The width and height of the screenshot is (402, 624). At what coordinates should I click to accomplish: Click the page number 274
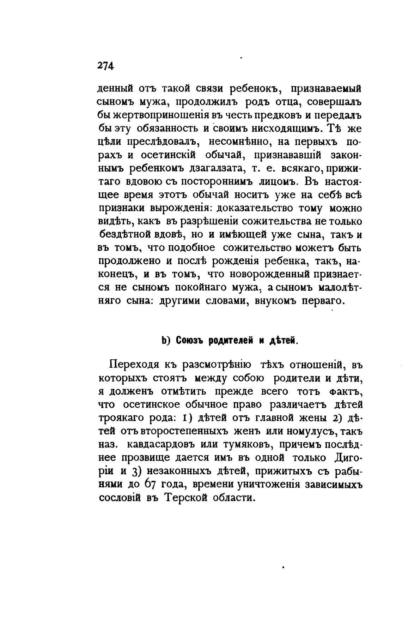click(x=105, y=66)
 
